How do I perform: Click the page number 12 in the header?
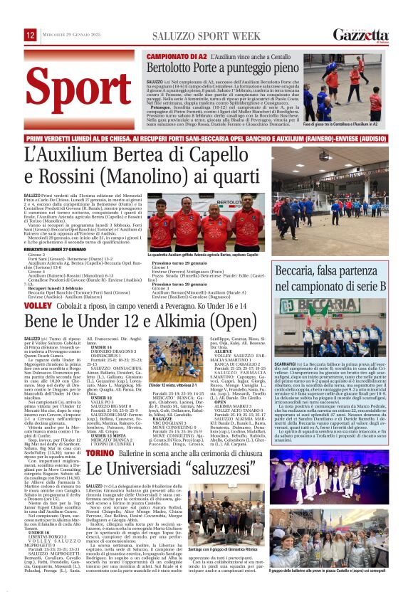(x=31, y=35)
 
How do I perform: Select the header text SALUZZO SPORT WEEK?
(x=205, y=34)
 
